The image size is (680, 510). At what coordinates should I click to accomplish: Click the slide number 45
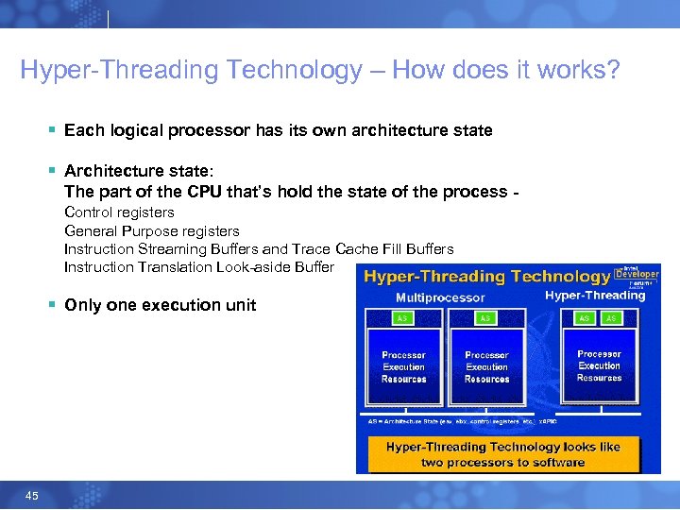coord(32,496)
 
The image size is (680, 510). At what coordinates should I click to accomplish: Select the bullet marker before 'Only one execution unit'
coord(54,305)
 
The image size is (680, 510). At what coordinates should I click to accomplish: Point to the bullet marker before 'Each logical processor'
coord(54,130)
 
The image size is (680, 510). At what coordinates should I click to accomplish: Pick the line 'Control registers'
coord(119,212)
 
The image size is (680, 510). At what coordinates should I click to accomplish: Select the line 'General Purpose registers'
coord(151,230)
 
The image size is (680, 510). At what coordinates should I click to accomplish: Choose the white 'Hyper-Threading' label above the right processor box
coord(595,296)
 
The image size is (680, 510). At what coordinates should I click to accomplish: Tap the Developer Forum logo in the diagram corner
coord(637,275)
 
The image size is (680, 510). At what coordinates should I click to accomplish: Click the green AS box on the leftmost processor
coord(403,319)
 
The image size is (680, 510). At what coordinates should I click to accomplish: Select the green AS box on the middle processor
coord(485,319)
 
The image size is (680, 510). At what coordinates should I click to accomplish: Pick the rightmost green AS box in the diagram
coord(610,319)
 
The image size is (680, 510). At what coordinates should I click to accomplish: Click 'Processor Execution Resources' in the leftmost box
coord(403,366)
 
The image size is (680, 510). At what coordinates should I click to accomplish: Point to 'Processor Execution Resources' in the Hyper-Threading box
coord(599,365)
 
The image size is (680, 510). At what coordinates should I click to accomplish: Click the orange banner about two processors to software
coord(503,454)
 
